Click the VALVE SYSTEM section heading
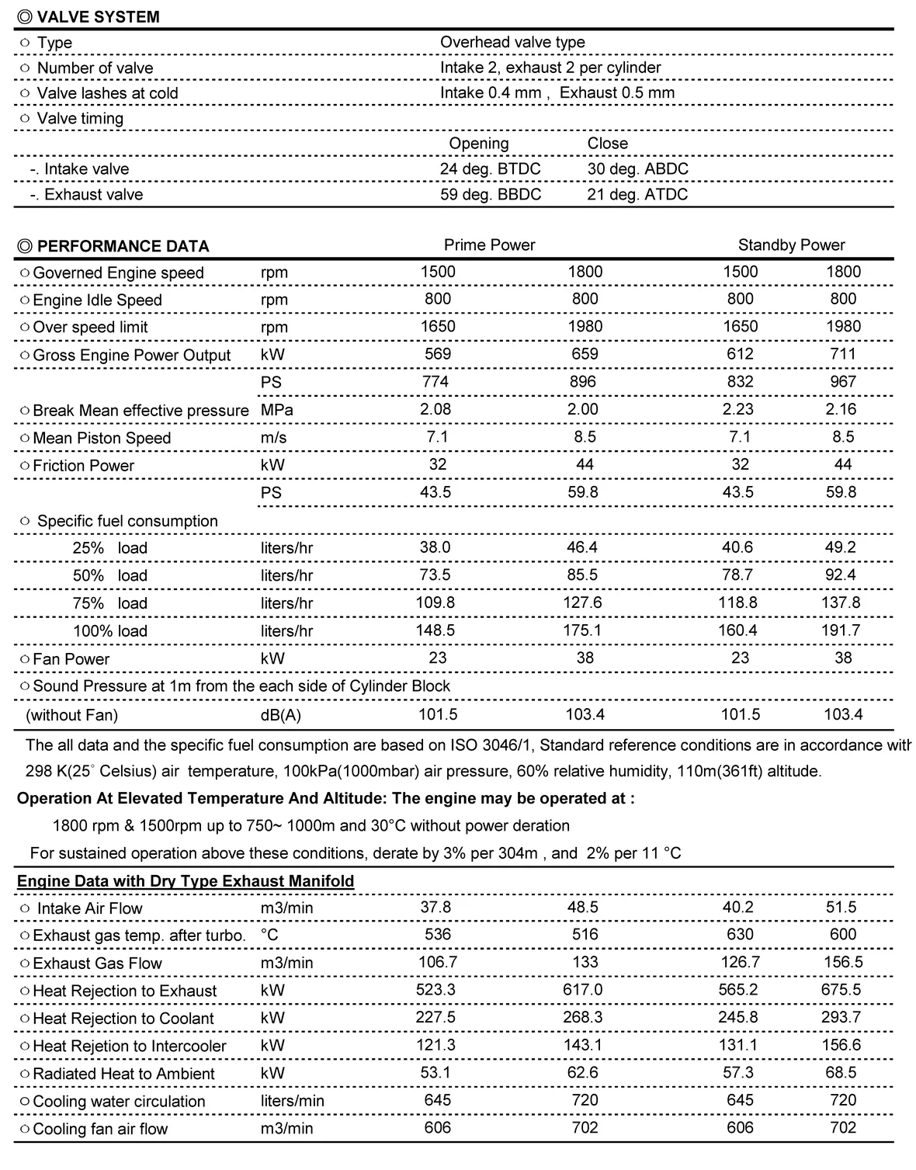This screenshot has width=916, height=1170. coord(98,17)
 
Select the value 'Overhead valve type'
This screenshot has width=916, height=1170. coord(512,43)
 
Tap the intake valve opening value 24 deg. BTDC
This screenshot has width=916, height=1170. coord(490,169)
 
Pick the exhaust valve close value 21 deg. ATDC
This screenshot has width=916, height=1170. coord(637,194)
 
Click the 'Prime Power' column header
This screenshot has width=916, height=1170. coord(489,245)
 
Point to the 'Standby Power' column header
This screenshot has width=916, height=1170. coord(791,245)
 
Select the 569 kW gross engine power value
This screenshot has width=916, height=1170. coord(438,354)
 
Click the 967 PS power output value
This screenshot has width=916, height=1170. coord(842,382)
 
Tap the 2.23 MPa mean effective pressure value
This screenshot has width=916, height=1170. coord(740,409)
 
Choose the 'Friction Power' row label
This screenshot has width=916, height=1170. coord(83,466)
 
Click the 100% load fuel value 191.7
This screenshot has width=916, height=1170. coord(841,630)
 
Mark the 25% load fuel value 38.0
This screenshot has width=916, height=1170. coord(435,547)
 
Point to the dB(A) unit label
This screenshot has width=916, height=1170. coord(280,715)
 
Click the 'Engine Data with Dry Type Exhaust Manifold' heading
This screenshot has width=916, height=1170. coord(186,881)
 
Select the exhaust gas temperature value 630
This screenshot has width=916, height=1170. coord(740,935)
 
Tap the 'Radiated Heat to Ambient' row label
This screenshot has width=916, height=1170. coord(123,1074)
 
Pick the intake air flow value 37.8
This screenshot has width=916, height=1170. coord(435,908)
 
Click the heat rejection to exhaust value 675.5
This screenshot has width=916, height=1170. coord(841,990)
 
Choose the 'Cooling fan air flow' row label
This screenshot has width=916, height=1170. coord(100,1129)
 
